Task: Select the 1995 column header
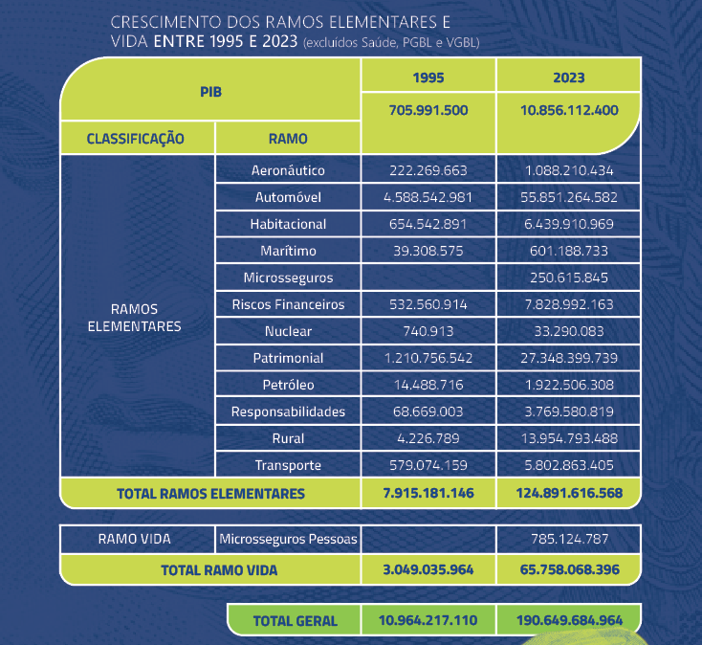(x=428, y=77)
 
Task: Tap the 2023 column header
(x=568, y=77)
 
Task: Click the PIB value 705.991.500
(x=428, y=110)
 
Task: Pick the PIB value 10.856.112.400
(x=569, y=110)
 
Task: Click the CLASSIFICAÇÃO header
(x=135, y=138)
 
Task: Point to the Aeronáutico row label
(x=288, y=170)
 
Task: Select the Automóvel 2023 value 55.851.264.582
(x=569, y=197)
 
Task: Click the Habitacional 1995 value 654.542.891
(x=428, y=224)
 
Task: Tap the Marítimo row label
(x=288, y=251)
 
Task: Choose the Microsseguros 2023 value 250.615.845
(x=569, y=278)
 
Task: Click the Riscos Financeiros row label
(x=288, y=304)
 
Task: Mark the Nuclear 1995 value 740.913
(x=428, y=331)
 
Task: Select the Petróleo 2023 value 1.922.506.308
(x=569, y=385)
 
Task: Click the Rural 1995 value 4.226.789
(x=428, y=438)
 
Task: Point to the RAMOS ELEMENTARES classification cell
(x=135, y=318)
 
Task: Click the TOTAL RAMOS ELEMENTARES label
(x=210, y=494)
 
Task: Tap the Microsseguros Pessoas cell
(x=288, y=539)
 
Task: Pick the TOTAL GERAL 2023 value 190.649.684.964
(x=569, y=620)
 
